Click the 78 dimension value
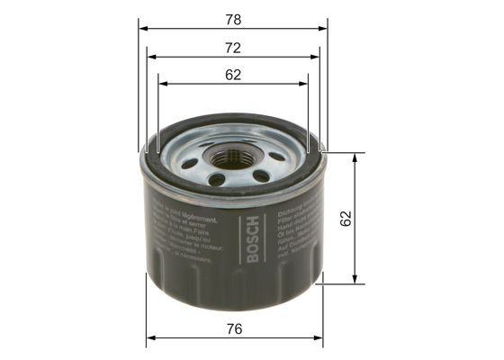pos(234,18)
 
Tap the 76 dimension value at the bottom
pos(234,328)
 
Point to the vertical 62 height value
pos(346,217)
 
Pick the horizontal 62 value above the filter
pos(234,75)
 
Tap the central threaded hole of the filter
pos(232,159)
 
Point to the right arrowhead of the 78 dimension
pos(323,28)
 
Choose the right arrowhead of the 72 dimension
pos(316,56)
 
